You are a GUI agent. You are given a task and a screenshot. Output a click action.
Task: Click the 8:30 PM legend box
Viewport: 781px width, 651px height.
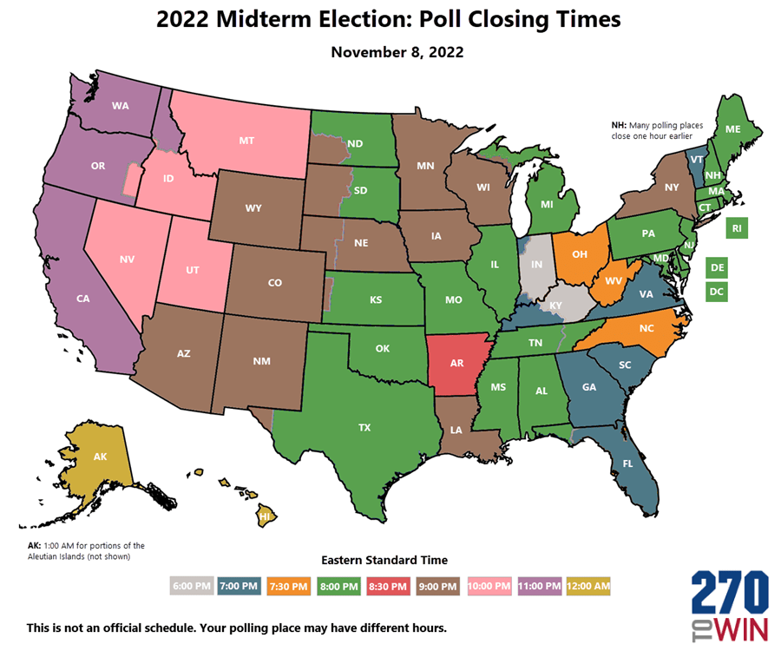389,586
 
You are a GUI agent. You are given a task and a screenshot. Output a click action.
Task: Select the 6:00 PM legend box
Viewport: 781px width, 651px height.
191,586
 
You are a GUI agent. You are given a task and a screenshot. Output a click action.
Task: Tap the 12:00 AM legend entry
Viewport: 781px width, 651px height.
587,586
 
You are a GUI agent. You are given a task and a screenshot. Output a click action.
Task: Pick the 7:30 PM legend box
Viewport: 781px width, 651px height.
290,586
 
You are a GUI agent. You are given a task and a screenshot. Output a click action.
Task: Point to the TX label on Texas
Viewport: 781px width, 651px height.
364,427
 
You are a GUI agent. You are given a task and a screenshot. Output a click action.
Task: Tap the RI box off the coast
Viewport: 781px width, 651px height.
737,228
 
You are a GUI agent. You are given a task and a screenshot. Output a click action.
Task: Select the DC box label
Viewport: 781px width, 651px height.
717,293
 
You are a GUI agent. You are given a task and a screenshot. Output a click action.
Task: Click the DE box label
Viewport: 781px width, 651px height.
717,268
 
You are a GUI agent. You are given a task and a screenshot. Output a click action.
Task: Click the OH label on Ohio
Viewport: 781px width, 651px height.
581,254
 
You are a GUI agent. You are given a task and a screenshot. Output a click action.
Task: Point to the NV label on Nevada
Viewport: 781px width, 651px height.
128,259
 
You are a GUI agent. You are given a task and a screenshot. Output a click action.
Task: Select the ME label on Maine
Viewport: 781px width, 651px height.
732,128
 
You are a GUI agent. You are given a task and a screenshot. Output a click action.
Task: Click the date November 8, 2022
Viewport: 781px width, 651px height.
397,52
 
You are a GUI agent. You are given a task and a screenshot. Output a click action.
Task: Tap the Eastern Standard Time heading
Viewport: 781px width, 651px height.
384,560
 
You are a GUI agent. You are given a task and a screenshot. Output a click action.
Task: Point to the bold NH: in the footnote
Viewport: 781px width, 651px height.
620,126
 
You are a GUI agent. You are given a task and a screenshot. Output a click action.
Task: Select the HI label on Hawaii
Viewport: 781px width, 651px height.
264,515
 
